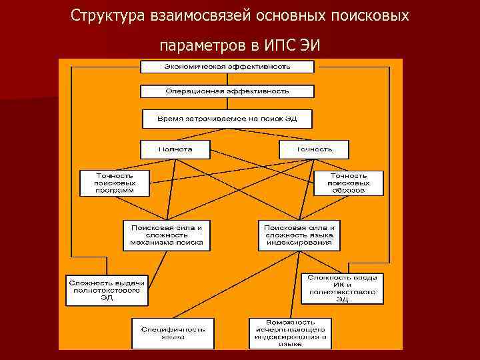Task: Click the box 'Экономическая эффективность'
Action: pos(227,67)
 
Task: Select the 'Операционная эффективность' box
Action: pos(227,91)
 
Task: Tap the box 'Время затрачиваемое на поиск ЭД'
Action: pos(227,119)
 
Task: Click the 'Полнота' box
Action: pos(175,149)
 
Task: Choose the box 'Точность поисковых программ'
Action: pos(115,183)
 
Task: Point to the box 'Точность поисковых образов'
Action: pos(349,183)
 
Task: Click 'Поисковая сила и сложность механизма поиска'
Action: pos(167,235)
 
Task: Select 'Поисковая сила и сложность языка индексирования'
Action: pos(299,235)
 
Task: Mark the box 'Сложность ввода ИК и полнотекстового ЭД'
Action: pos(342,288)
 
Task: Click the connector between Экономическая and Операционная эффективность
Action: pos(227,79)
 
